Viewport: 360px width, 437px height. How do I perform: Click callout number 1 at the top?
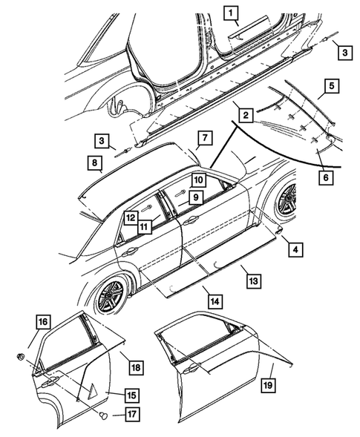click(x=232, y=13)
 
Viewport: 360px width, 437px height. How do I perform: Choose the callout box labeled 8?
click(x=95, y=163)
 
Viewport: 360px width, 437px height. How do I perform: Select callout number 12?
click(x=129, y=218)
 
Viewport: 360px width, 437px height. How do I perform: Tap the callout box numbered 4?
click(x=295, y=251)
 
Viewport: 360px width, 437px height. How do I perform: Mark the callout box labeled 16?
click(x=43, y=322)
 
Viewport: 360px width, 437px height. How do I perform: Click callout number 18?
click(x=135, y=367)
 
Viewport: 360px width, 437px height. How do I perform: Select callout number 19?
click(x=269, y=386)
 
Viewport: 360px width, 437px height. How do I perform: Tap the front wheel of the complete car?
click(x=283, y=199)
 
